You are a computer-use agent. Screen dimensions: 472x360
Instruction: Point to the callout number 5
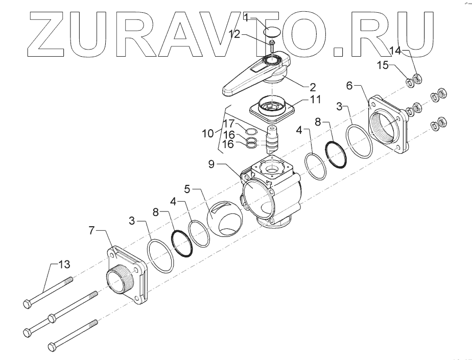point(187,189)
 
